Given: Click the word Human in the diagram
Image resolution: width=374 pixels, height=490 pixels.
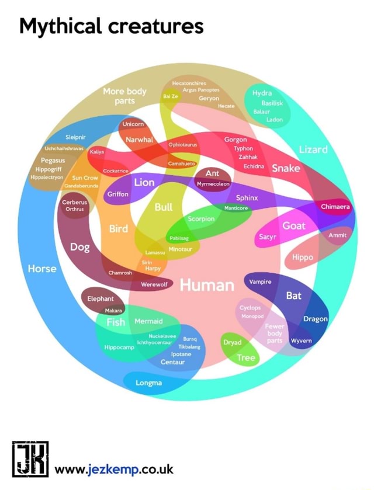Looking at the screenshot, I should pyautogui.click(x=207, y=285).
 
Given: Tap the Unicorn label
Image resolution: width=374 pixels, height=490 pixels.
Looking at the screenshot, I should pyautogui.click(x=134, y=124).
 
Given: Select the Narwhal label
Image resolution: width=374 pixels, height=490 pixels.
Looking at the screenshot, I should pyautogui.click(x=140, y=140).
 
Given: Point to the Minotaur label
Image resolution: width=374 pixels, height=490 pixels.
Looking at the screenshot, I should pyautogui.click(x=180, y=249).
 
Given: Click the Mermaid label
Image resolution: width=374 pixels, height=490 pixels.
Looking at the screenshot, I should pyautogui.click(x=148, y=321).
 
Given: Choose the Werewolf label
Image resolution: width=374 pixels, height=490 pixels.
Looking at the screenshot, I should pyautogui.click(x=155, y=284).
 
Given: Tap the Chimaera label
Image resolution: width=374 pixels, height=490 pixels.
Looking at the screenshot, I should pyautogui.click(x=335, y=206).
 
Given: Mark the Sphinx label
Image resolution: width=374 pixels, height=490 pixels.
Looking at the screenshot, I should pyautogui.click(x=247, y=198).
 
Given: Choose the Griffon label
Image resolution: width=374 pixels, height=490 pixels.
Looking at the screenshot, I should pyautogui.click(x=117, y=194).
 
